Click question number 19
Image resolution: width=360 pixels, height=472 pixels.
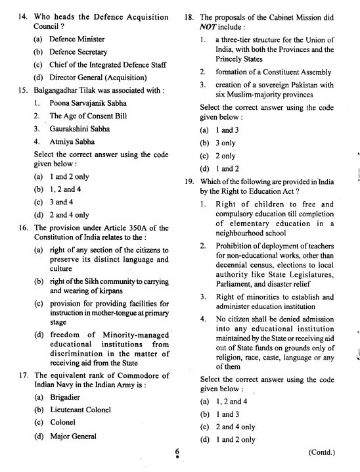pyautogui.click(x=191, y=181)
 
